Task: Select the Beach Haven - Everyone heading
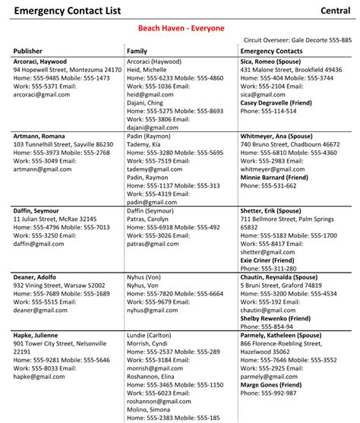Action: pyautogui.click(x=181, y=28)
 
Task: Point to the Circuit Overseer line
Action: pyautogui.click(x=298, y=39)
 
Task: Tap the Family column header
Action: pyautogui.click(x=137, y=51)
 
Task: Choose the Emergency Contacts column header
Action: pyautogui.click(x=271, y=51)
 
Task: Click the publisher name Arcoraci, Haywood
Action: pyautogui.click(x=40, y=62)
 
